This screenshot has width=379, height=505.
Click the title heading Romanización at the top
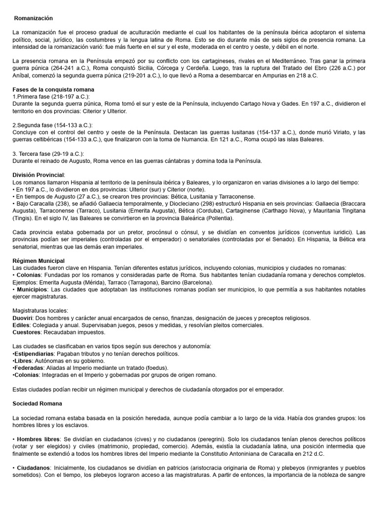(33, 18)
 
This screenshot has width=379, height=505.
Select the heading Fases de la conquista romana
(53, 89)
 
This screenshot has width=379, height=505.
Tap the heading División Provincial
(38, 175)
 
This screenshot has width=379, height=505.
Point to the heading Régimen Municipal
(38, 260)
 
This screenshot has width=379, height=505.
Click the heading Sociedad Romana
(37, 403)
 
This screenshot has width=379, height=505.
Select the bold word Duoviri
(22, 318)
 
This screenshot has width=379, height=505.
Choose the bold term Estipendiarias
(34, 354)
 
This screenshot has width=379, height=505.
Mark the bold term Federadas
(29, 367)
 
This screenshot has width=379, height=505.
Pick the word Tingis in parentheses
(22, 217)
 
